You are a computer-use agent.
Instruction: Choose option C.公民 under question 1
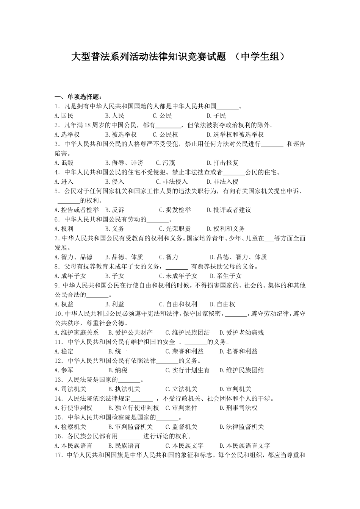pos(162,116)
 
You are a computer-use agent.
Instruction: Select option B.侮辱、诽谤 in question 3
pos(124,163)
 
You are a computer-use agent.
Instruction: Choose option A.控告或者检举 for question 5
pos(77,210)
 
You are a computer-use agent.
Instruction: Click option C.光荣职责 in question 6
pos(175,229)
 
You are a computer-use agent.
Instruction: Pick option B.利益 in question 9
pos(114,304)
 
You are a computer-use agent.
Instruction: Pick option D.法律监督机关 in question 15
pos(241,427)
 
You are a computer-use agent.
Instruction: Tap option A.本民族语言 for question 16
pos(73,446)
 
